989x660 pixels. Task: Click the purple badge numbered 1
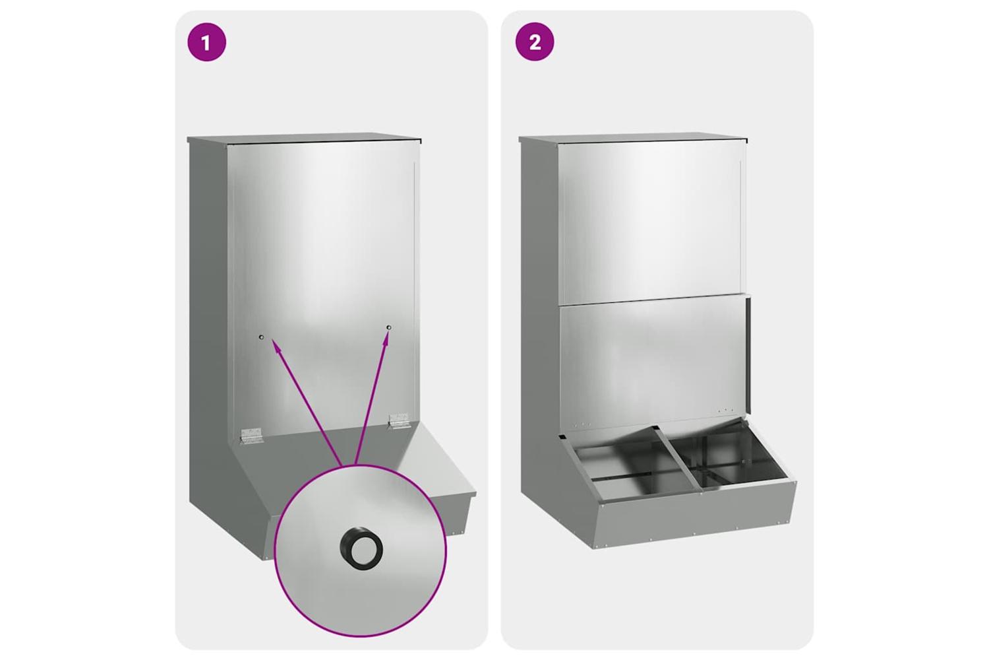click(x=206, y=43)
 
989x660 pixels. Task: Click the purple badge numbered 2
click(x=535, y=43)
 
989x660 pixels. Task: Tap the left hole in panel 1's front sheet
click(x=261, y=337)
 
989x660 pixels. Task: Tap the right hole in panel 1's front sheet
click(x=388, y=327)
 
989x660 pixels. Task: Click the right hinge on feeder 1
click(x=400, y=420)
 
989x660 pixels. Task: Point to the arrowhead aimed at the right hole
click(x=386, y=339)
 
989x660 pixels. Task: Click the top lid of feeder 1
click(x=304, y=139)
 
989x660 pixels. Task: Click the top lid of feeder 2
click(x=633, y=139)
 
